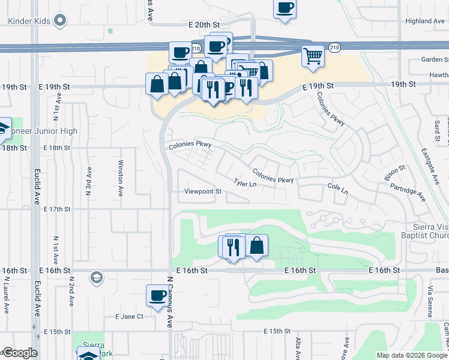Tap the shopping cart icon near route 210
[x=313, y=56]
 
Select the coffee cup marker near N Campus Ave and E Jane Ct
[x=158, y=295]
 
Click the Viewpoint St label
[x=203, y=192]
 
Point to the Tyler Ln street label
[x=245, y=184]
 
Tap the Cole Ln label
[x=338, y=188]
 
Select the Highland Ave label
[x=424, y=21]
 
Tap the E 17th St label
[x=57, y=209]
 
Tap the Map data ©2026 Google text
[x=412, y=355]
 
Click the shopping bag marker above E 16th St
[x=256, y=245]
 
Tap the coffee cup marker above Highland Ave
[x=285, y=8]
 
